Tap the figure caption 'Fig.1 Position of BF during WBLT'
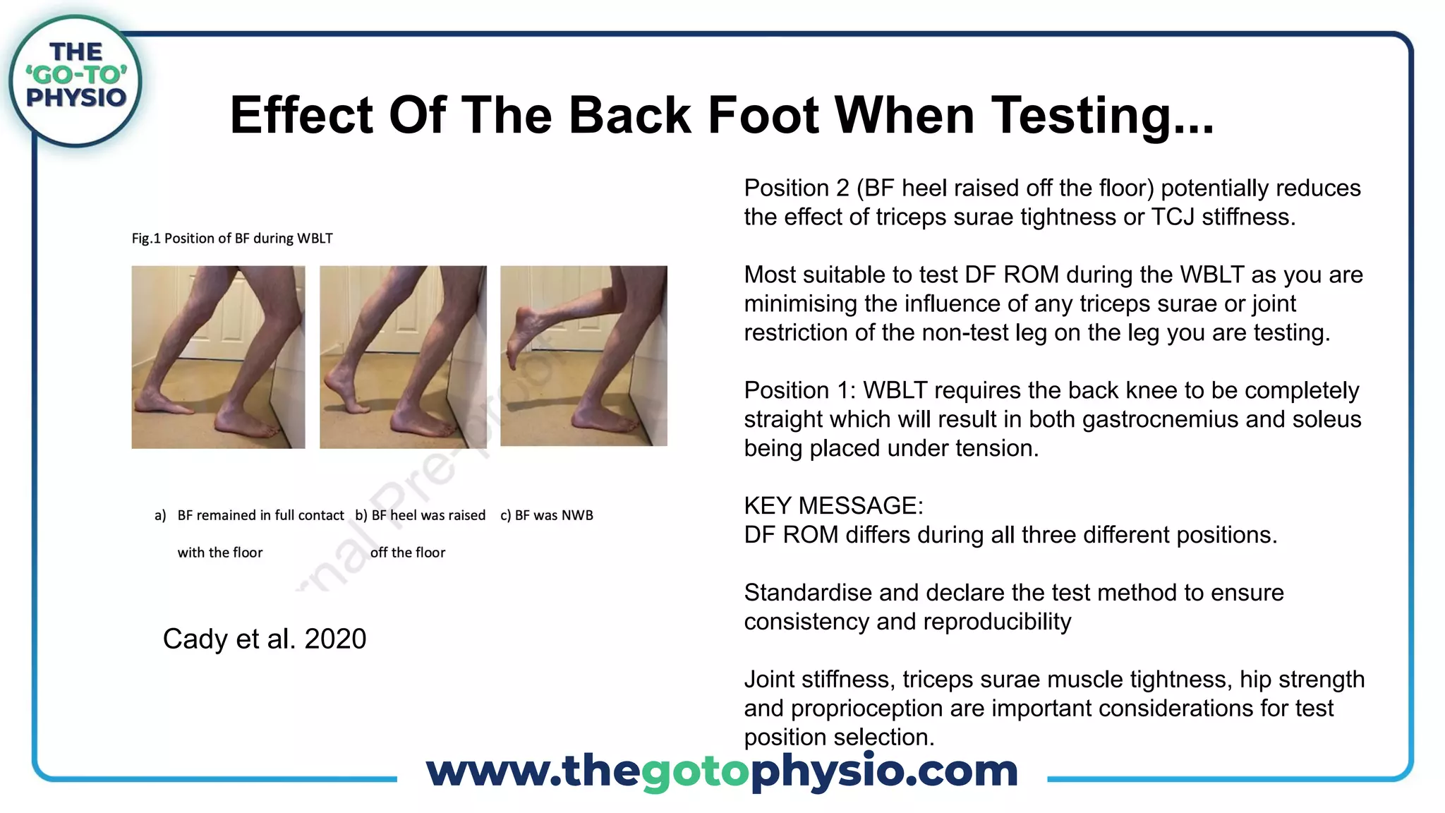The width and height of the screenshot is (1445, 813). pos(232,239)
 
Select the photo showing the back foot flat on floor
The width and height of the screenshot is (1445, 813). pos(218,357)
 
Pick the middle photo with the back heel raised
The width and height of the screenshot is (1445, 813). pos(403,357)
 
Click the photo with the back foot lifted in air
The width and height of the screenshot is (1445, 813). pos(584,356)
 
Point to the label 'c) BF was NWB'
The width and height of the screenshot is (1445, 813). pos(547,515)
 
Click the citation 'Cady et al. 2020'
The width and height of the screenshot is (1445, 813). pos(265,639)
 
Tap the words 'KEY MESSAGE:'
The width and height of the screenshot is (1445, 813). pos(833,506)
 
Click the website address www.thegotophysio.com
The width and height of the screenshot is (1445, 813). pos(722,771)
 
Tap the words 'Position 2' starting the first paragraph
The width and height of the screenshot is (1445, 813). pos(797,188)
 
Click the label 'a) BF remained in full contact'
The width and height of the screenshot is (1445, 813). pos(250,515)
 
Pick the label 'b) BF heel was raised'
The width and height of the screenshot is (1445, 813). pos(421,515)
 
